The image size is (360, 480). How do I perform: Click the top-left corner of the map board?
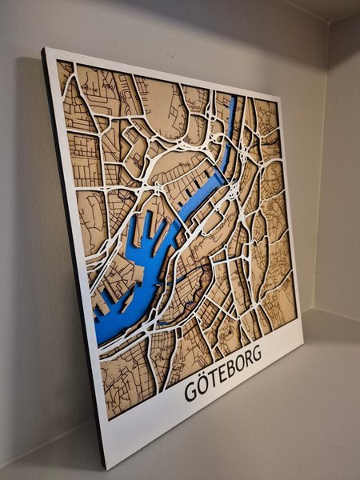coord(46,50)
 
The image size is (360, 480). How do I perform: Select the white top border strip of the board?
coord(160,67)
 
